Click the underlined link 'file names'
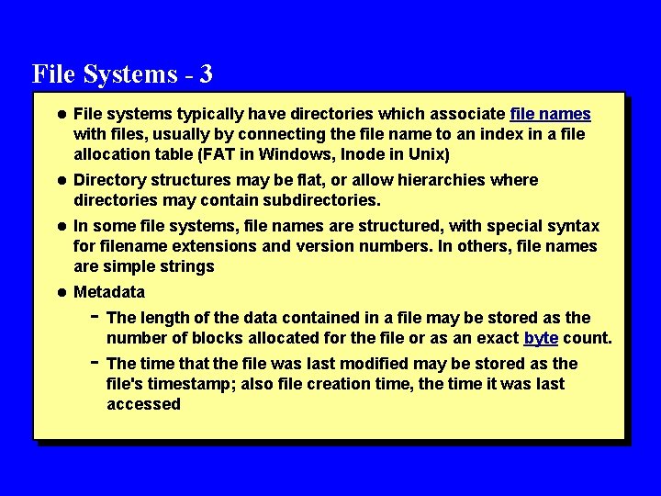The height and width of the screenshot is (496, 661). pyautogui.click(x=550, y=115)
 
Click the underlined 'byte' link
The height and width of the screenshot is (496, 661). pyautogui.click(x=541, y=338)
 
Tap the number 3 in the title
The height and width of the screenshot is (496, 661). pyautogui.click(x=205, y=73)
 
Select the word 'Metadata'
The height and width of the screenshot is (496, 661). pyautogui.click(x=109, y=293)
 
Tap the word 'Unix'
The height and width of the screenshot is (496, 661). pyautogui.click(x=428, y=154)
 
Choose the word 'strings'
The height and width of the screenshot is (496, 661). pyautogui.click(x=185, y=266)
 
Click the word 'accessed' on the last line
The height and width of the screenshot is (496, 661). pyautogui.click(x=143, y=404)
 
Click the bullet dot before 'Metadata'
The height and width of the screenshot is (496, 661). pyautogui.click(x=61, y=293)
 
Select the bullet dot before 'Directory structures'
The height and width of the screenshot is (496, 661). pyautogui.click(x=61, y=180)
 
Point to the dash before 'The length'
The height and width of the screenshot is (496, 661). pyautogui.click(x=96, y=316)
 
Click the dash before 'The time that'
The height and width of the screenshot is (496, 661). pyautogui.click(x=96, y=361)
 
